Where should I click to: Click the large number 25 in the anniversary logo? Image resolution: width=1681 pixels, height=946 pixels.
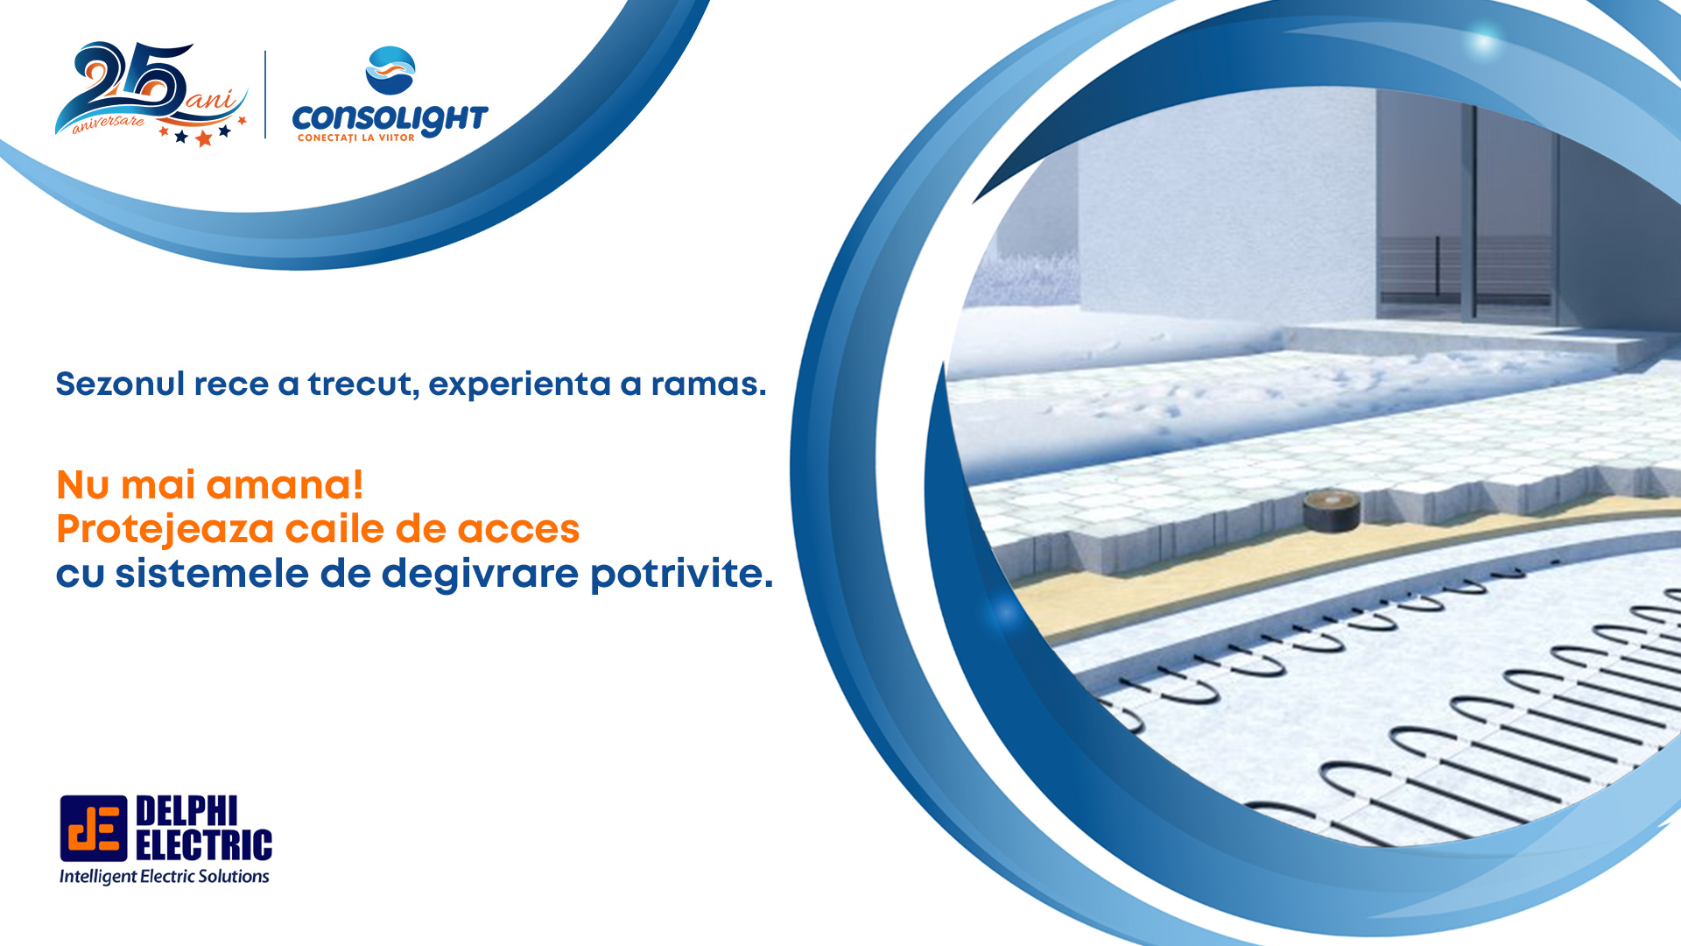131,83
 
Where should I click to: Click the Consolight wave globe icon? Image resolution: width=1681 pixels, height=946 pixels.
390,70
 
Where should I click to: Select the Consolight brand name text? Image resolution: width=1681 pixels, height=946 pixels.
390,118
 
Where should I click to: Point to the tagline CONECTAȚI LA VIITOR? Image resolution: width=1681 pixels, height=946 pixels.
355,138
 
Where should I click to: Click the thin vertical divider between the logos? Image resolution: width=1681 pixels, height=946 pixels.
265,94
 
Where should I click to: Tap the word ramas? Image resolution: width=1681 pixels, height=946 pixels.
708,384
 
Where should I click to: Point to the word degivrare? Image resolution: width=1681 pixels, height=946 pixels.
480,574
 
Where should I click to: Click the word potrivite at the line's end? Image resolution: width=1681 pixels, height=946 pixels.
681,574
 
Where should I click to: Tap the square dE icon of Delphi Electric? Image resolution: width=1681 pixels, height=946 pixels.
93,829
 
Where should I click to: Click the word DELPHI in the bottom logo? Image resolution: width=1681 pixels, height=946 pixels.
186,811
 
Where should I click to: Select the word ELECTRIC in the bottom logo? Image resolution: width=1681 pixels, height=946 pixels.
203,845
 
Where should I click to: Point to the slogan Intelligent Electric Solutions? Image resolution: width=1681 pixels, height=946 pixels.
165,876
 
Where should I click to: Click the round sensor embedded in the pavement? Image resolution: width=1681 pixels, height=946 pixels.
1331,510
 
